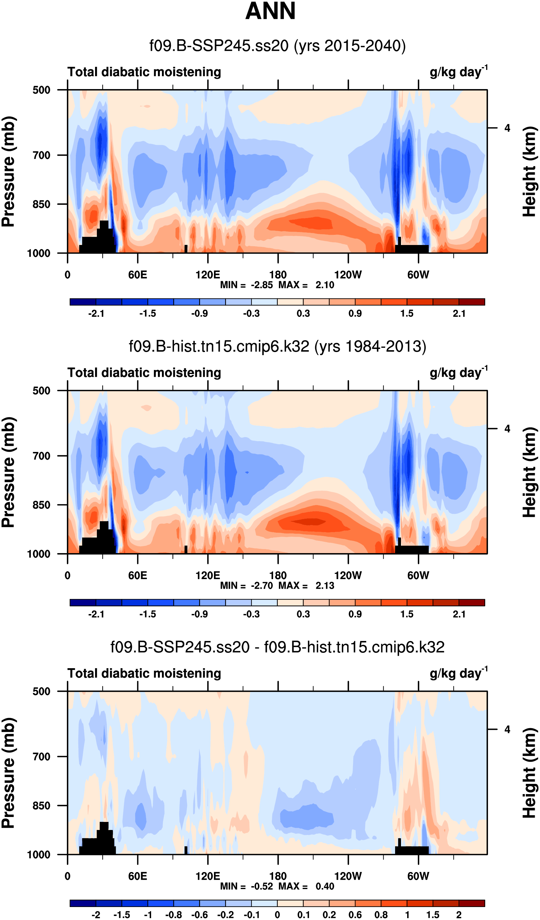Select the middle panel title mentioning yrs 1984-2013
(x=277, y=346)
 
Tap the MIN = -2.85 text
(x=246, y=285)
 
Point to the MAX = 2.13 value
(x=307, y=586)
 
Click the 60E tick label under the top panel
(x=137, y=275)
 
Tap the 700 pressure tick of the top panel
(x=41, y=156)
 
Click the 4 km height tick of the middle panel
(x=507, y=429)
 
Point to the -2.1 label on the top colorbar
(x=96, y=314)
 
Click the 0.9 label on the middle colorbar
(x=355, y=614)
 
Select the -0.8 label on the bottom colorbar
(x=173, y=915)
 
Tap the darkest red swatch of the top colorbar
(x=471, y=302)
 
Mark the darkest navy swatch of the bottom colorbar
(x=83, y=903)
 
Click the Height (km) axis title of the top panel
(x=529, y=172)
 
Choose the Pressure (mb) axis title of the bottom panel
(x=8, y=773)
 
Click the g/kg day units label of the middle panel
(x=458, y=373)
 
